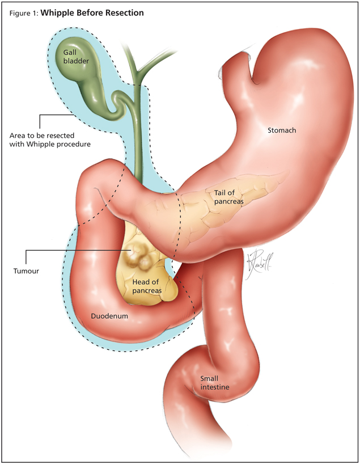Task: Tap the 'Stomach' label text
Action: [x=282, y=130]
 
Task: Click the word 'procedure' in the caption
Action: [x=74, y=144]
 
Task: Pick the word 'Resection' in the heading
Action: [x=123, y=12]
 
